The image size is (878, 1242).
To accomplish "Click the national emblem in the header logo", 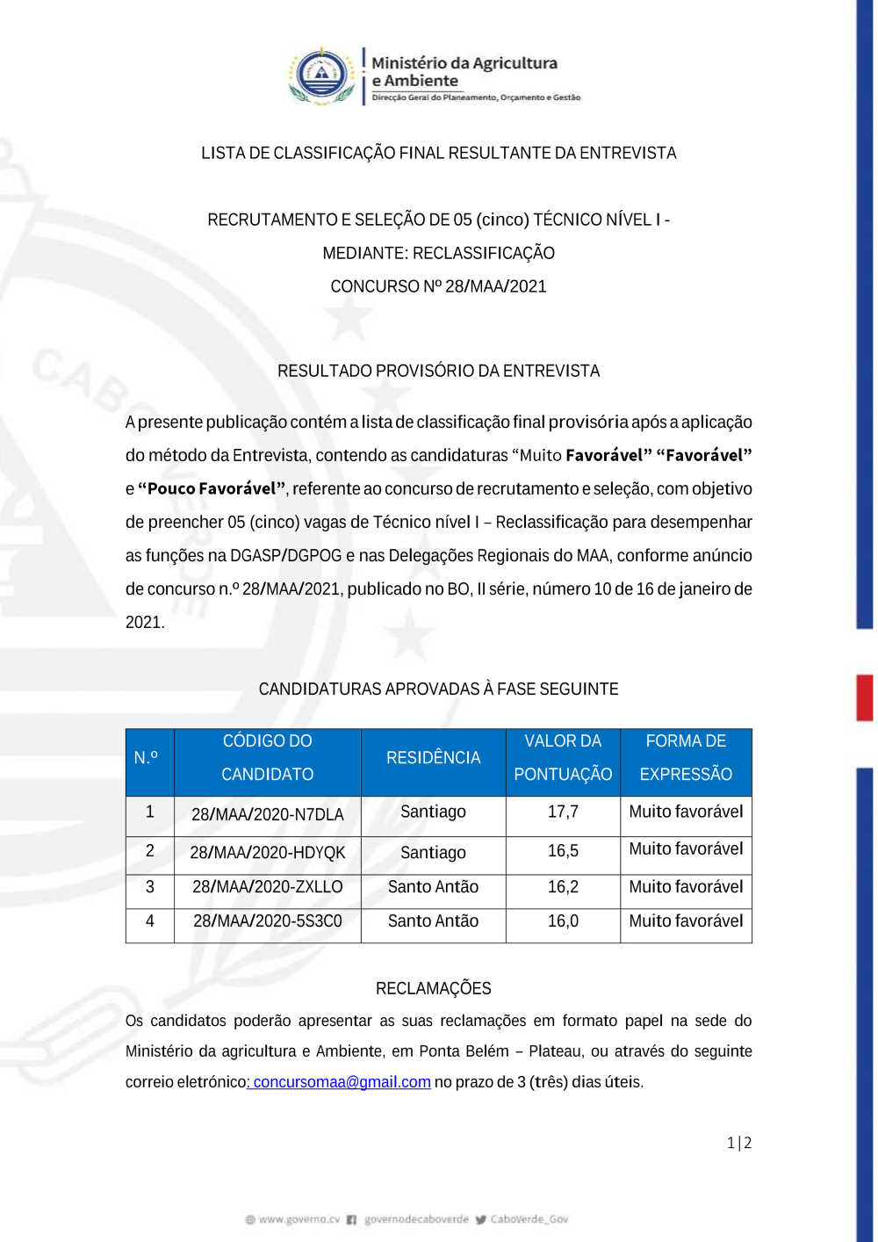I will pos(322,76).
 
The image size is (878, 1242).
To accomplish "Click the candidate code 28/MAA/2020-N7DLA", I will pos(267,815).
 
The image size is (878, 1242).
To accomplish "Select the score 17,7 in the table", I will pos(563,812).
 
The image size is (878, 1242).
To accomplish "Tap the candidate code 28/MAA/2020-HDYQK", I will pos(267,853).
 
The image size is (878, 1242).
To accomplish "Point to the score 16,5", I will pos(563,851).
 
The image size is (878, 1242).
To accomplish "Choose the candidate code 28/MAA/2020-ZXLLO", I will pos(267,887).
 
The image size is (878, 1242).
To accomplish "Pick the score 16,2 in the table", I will pos(563,887).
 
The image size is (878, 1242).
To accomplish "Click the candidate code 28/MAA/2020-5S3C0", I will pos(267,921).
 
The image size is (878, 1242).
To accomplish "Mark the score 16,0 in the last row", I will pos(563,921).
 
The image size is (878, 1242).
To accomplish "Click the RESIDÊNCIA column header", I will pos(433,758).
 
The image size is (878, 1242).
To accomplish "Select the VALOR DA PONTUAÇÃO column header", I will pos(563,758).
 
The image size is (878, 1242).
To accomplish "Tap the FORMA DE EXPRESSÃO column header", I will pos(686,758).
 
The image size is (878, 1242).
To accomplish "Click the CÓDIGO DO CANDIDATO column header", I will pos(267,758).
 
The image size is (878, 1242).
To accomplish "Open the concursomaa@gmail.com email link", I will pos(342,1082).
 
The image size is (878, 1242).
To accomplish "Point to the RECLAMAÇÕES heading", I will pos(433,989).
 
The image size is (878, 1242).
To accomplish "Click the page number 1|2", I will pos(739,1143).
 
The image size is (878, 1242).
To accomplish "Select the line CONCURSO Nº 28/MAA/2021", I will pos(438,287).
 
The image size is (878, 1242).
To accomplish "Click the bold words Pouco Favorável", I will pos(212,489).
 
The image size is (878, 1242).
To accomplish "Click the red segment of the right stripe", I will pos(865,698).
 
